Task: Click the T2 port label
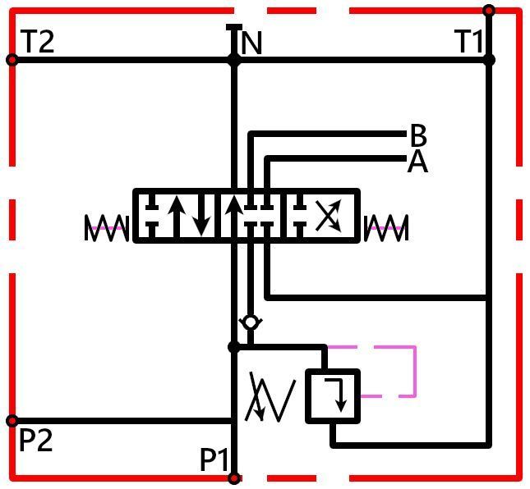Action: pos(37,42)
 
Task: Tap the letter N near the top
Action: pos(251,43)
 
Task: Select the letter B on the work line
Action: pos(418,135)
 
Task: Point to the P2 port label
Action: pos(36,440)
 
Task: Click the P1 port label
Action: pos(214,459)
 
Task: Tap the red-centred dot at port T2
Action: pos(12,60)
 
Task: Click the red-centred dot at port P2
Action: pos(12,421)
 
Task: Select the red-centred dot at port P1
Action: pos(234,478)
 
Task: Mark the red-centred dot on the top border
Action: pos(489,11)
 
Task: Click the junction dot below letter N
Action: pos(234,61)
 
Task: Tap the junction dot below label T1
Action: pos(489,61)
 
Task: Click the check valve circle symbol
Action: pos(251,322)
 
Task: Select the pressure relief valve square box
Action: pos(333,395)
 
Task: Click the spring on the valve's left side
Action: pos(107,228)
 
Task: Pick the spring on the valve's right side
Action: pos(387,228)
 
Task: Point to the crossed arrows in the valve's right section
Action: pos(329,215)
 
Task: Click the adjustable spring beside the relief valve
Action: pos(270,397)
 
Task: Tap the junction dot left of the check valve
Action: pos(234,347)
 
